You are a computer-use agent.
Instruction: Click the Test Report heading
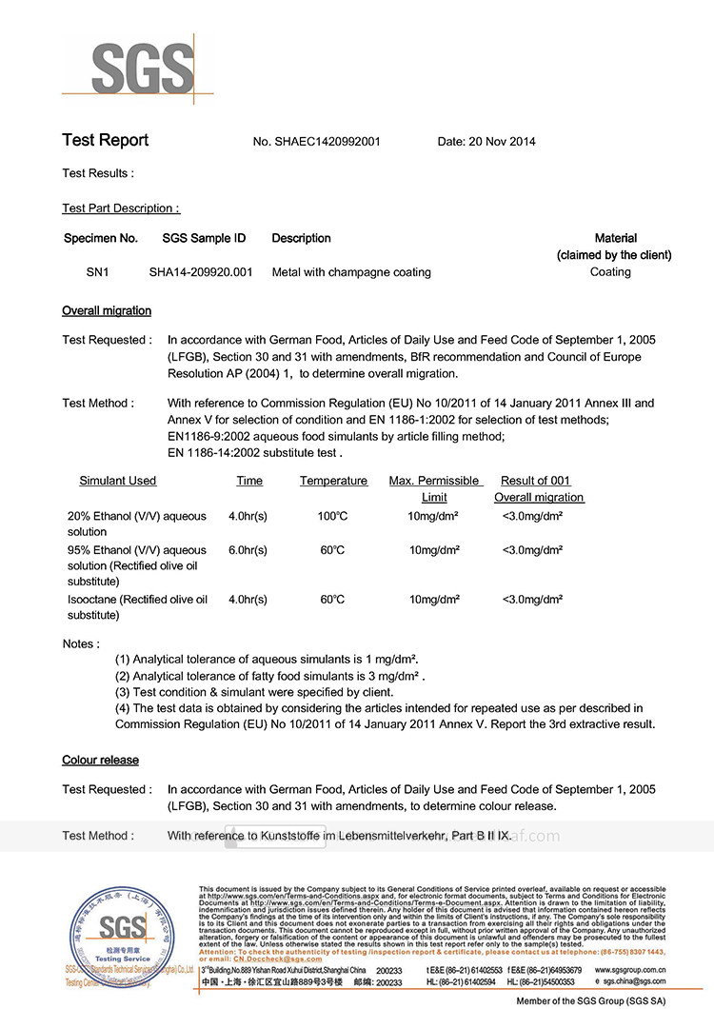tap(105, 141)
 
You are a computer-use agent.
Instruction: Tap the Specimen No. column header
tap(101, 238)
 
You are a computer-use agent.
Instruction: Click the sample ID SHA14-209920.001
tap(201, 272)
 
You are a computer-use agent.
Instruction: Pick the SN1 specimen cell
tap(98, 272)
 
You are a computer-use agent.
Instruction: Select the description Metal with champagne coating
tap(351, 272)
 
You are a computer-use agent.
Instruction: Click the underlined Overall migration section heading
tap(107, 311)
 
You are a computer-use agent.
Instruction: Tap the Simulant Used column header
tap(118, 481)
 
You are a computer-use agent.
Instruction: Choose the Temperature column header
tap(333, 481)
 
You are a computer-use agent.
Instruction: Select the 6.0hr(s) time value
tap(248, 550)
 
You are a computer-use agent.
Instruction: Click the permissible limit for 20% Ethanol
tap(434, 516)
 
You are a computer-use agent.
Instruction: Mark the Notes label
tap(81, 643)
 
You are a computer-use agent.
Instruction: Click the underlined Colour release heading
tap(100, 760)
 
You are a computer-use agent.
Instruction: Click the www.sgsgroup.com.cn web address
tap(629, 970)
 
